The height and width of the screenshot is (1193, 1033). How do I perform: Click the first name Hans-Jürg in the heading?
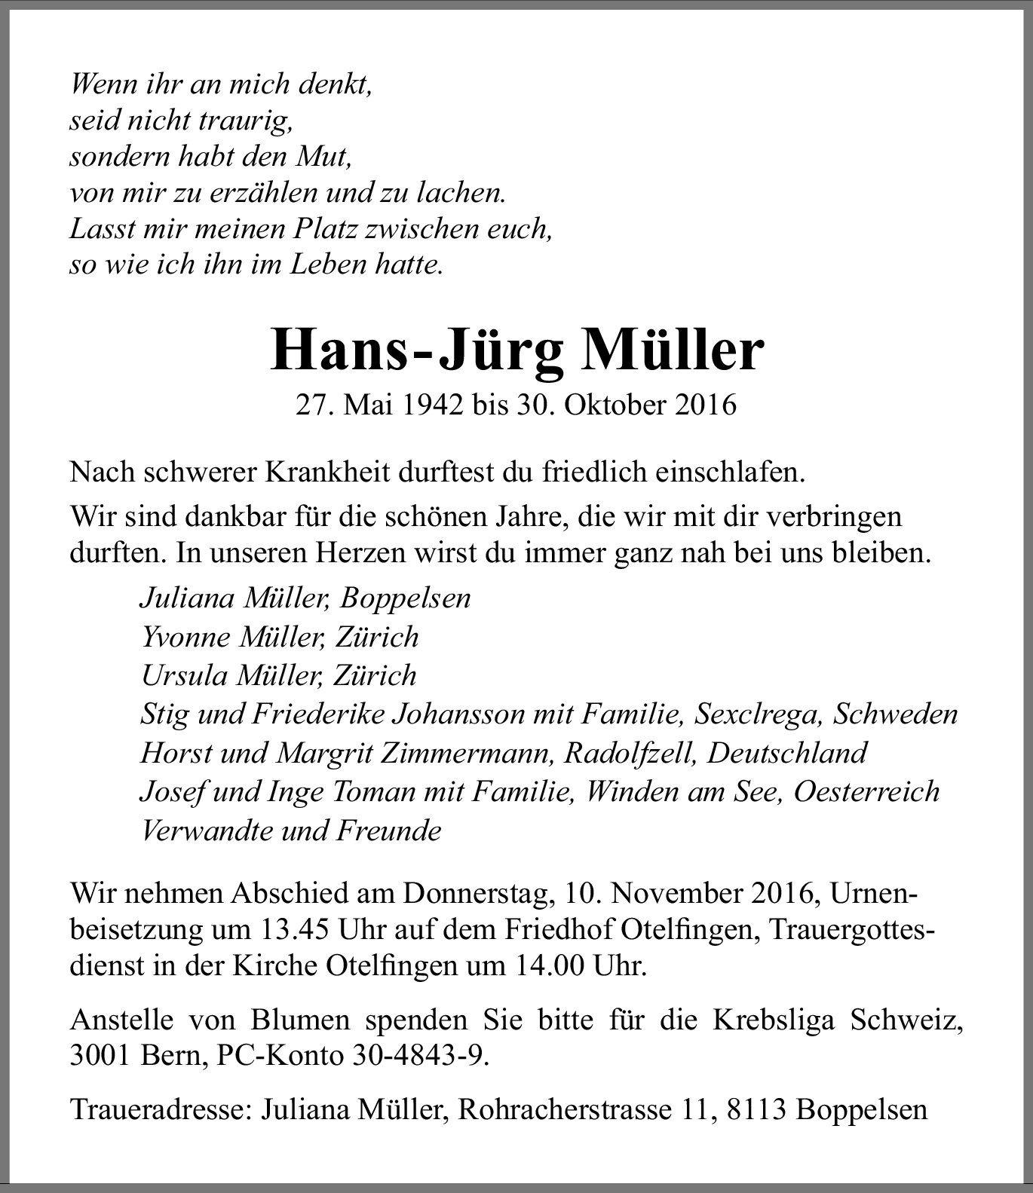pyautogui.click(x=417, y=351)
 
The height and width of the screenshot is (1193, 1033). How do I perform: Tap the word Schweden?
pyautogui.click(x=895, y=714)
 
